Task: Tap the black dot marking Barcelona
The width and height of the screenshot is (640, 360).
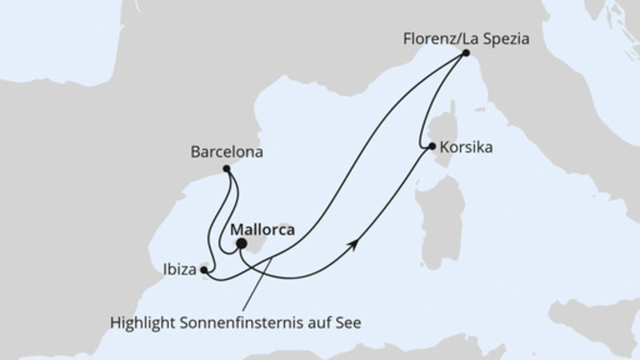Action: pyautogui.click(x=226, y=169)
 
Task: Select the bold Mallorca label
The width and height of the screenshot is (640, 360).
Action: pyautogui.click(x=262, y=230)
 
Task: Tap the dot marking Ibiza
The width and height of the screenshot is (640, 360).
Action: pyautogui.click(x=205, y=270)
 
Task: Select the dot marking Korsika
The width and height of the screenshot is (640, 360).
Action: pyautogui.click(x=432, y=146)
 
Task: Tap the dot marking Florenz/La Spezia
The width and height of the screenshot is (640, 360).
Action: pyautogui.click(x=466, y=54)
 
